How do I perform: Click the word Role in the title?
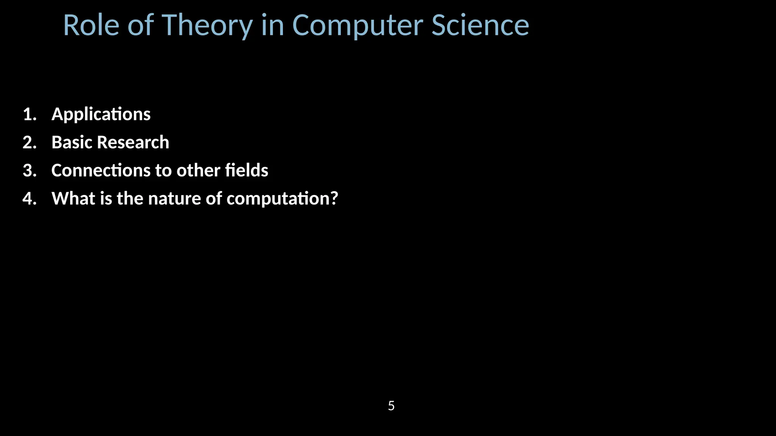point(91,25)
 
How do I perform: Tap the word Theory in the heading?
point(207,25)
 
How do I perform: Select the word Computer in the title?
point(357,25)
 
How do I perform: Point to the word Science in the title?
point(480,25)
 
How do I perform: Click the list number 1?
point(29,114)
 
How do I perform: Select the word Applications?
point(101,114)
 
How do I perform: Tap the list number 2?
point(29,143)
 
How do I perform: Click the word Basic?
point(72,143)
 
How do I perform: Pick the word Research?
point(133,143)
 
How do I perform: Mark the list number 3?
point(29,171)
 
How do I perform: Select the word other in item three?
point(198,171)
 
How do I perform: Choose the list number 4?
point(29,199)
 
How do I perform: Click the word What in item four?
point(74,199)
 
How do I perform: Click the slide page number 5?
point(391,406)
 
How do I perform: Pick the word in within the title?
point(272,25)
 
